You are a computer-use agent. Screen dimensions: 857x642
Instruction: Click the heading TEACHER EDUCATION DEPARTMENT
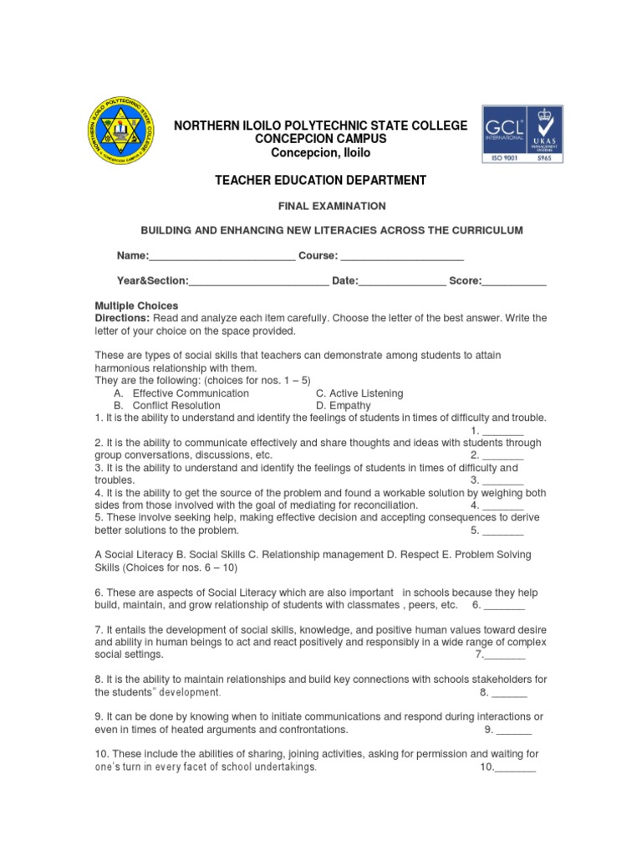point(321,180)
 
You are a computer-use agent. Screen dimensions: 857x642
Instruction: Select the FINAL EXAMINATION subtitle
point(321,205)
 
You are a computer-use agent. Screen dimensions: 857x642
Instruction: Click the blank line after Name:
point(222,256)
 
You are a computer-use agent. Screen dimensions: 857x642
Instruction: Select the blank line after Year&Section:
point(258,282)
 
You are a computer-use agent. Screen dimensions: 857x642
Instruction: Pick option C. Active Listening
point(359,393)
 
